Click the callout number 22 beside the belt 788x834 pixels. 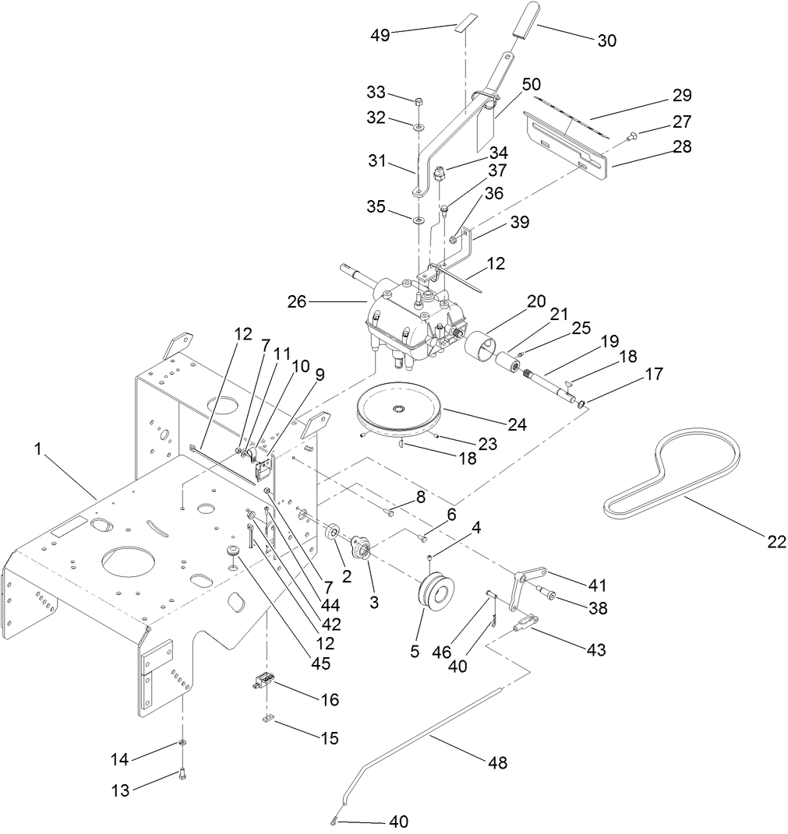(776, 542)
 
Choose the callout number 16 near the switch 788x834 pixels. (329, 699)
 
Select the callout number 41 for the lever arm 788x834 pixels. (598, 585)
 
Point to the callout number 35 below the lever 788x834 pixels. (376, 207)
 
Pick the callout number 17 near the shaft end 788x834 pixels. (654, 375)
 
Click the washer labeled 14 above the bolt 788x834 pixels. (182, 742)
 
